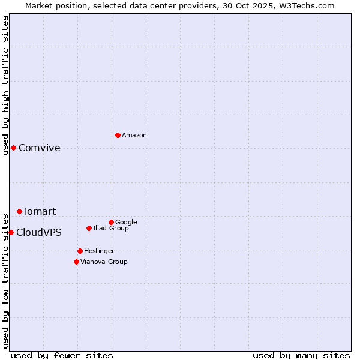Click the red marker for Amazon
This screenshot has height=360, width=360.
pos(118,135)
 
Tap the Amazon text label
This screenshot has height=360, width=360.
pos(134,136)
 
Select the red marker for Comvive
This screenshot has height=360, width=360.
pos(13,148)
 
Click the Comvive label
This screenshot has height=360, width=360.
pos(40,148)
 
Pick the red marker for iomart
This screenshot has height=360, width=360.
pos(19,211)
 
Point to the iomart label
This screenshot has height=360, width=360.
pos(40,211)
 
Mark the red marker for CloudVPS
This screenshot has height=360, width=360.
pos(11,232)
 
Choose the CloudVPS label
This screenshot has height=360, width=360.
pos(39,233)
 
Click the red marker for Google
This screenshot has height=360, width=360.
pos(111,222)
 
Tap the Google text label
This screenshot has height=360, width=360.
pos(126,222)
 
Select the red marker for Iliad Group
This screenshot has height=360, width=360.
pos(89,228)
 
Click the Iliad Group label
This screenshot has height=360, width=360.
pos(111,229)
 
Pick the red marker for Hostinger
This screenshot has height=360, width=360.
pos(80,251)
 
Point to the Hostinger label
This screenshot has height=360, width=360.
pos(99,251)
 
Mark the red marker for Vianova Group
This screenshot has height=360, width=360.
pos(76,262)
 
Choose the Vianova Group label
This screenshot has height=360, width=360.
pos(104,262)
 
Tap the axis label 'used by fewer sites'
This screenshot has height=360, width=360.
pos(62,355)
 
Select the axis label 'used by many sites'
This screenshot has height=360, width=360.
pos(301,355)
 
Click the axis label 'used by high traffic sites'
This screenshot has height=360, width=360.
pos(5,85)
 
